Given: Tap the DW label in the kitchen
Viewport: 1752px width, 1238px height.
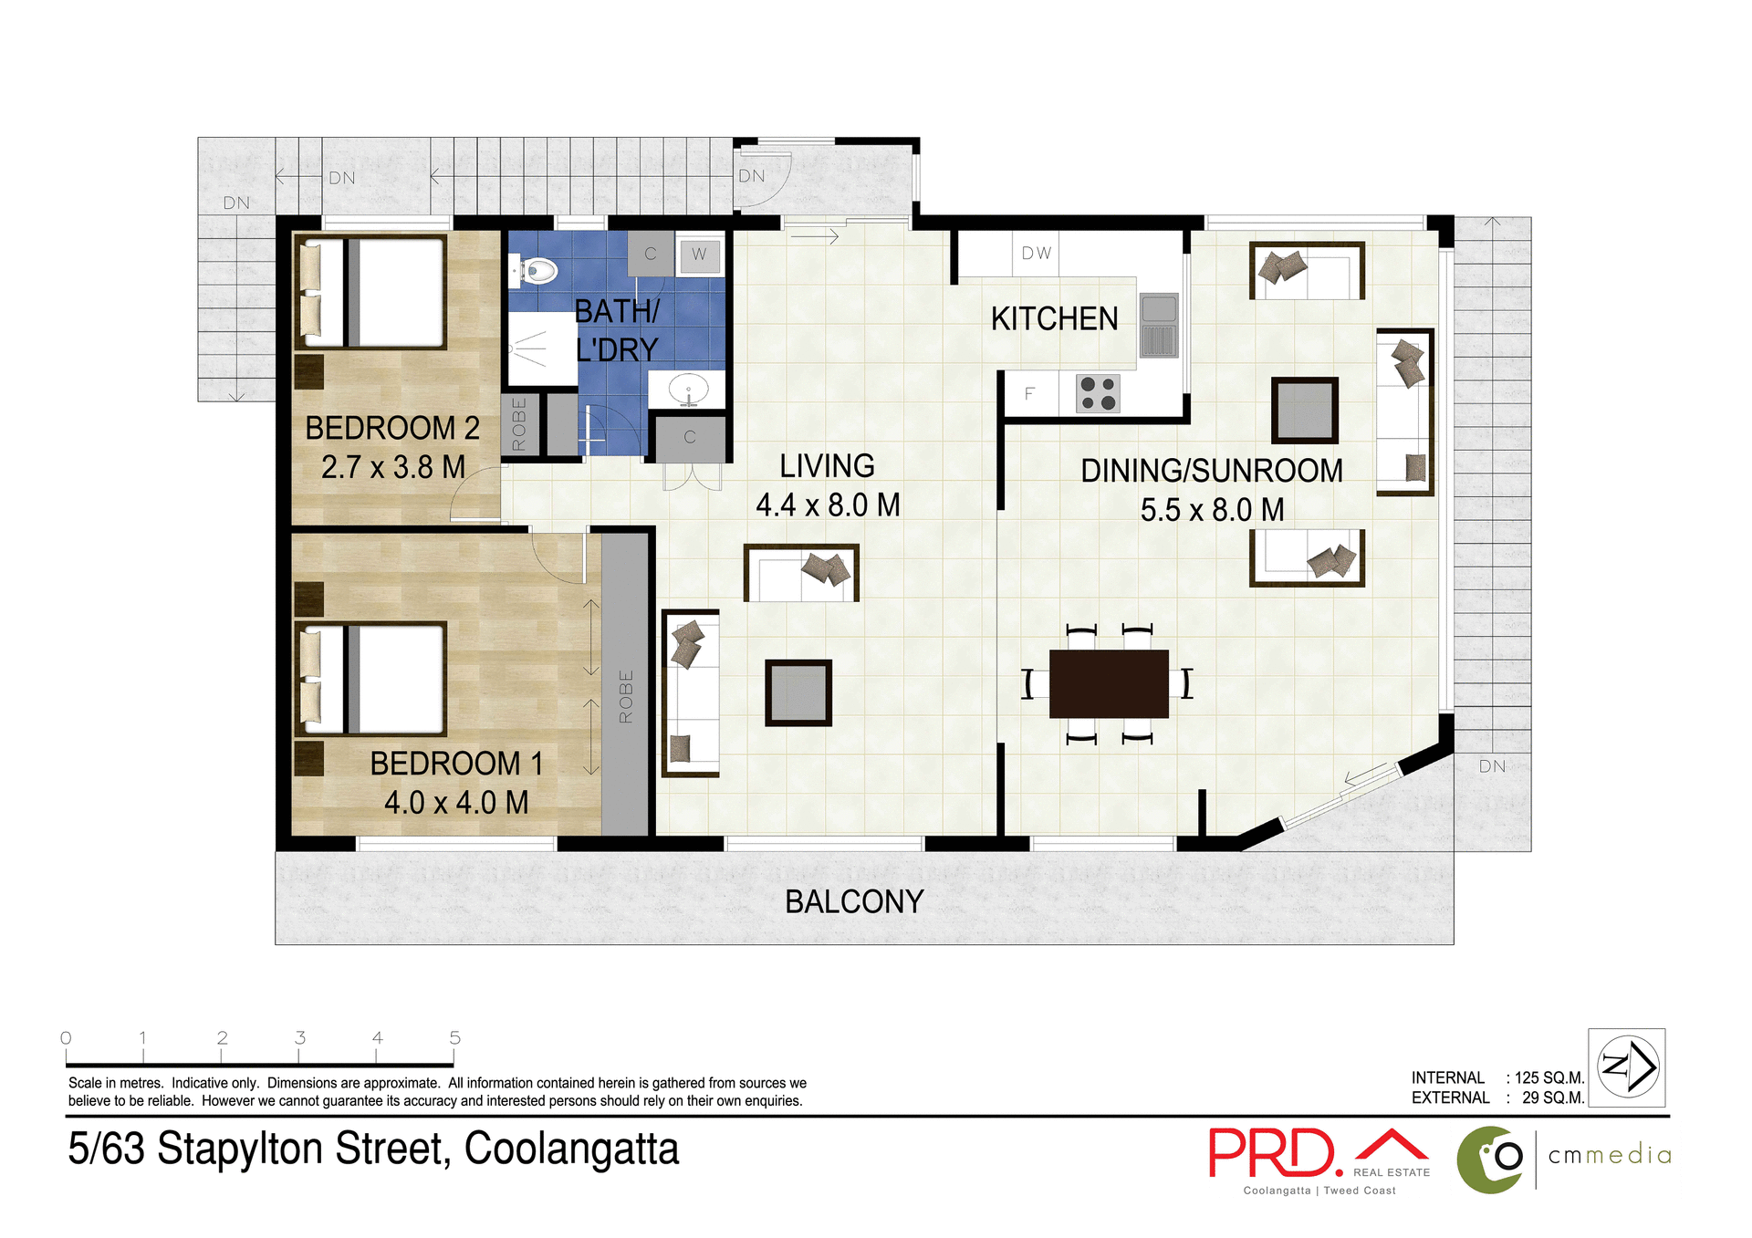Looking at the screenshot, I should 1036,254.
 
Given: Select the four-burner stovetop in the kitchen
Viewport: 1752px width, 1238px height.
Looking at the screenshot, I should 1098,393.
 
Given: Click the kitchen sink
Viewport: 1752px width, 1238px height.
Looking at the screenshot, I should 1159,326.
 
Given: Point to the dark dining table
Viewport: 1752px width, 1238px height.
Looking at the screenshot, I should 1109,683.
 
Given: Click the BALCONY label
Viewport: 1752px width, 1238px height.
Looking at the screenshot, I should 854,901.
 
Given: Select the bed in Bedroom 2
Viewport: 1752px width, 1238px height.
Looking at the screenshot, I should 372,292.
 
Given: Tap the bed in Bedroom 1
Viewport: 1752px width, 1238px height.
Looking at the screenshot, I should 372,679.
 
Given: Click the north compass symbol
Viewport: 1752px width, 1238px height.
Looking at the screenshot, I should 1627,1066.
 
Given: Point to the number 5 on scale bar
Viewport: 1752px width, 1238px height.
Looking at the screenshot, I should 454,1038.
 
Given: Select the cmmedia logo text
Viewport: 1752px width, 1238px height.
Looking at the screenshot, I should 1610,1155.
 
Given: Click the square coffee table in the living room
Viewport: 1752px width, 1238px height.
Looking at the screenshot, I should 798,693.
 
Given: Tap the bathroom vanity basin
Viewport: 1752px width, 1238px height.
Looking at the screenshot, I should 688,390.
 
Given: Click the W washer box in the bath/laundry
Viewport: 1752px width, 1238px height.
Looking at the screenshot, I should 699,255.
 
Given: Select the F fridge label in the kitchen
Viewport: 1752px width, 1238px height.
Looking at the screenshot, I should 1029,394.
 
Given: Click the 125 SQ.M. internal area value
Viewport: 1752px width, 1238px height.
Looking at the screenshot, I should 1549,1077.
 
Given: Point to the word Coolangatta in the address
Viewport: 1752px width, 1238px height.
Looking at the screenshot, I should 571,1149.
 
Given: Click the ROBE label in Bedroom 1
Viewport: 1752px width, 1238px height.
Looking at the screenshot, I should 626,697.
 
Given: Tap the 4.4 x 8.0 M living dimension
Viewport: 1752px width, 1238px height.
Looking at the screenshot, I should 828,505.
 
